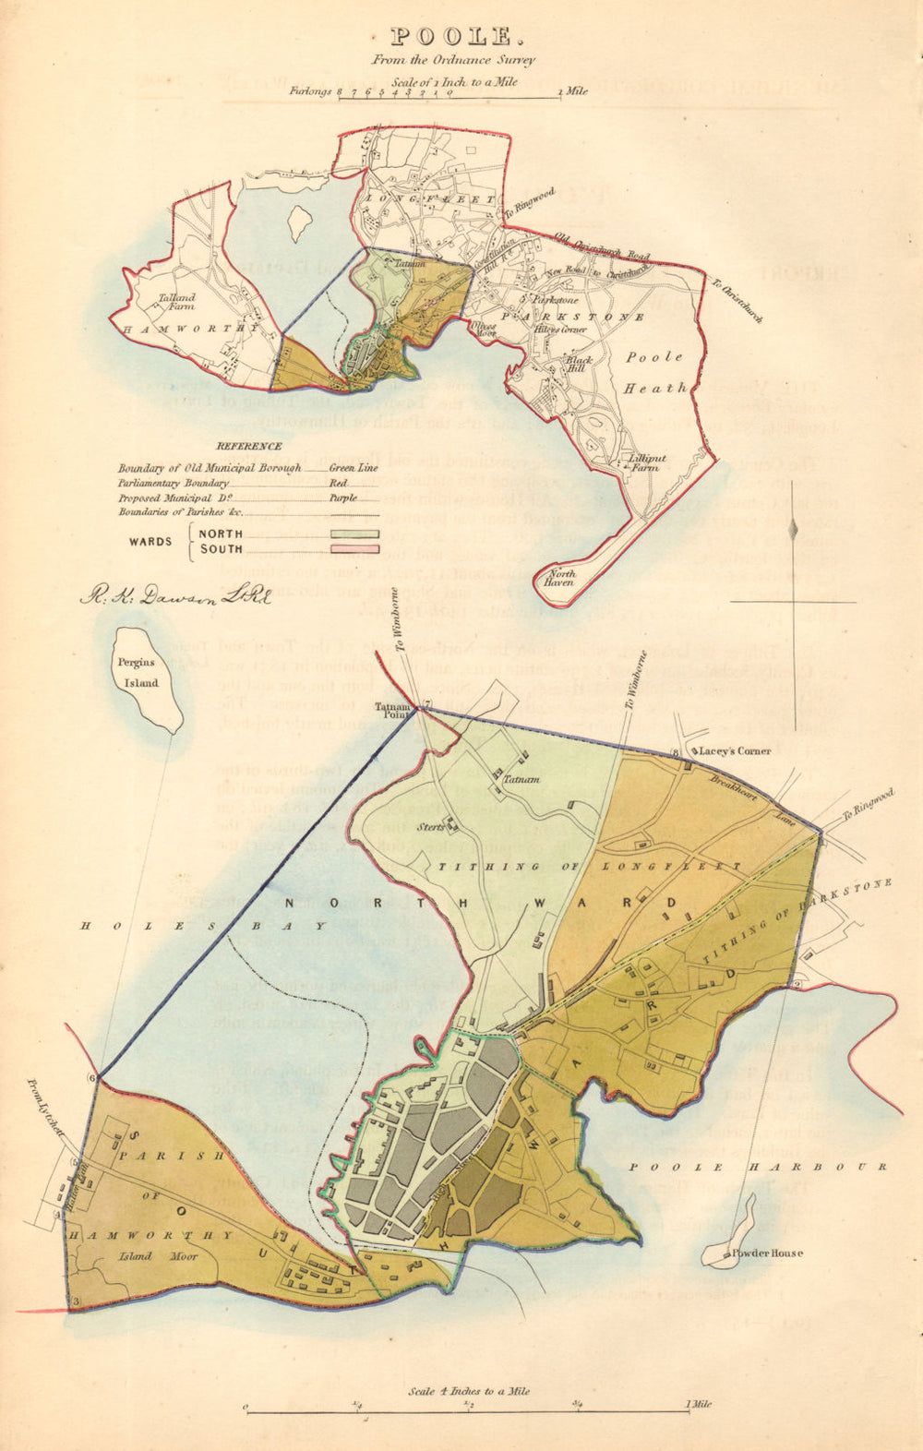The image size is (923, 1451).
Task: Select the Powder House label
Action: point(767,1253)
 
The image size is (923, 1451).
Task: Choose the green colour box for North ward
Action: point(354,534)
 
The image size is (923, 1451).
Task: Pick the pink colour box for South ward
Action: point(354,549)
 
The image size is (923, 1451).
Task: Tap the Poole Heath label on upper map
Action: point(655,372)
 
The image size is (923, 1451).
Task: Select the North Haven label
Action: point(562,579)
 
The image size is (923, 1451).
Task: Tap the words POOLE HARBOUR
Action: point(757,1167)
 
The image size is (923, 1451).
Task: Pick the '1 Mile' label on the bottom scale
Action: point(699,1405)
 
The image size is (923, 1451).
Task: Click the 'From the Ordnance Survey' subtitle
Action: point(452,60)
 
